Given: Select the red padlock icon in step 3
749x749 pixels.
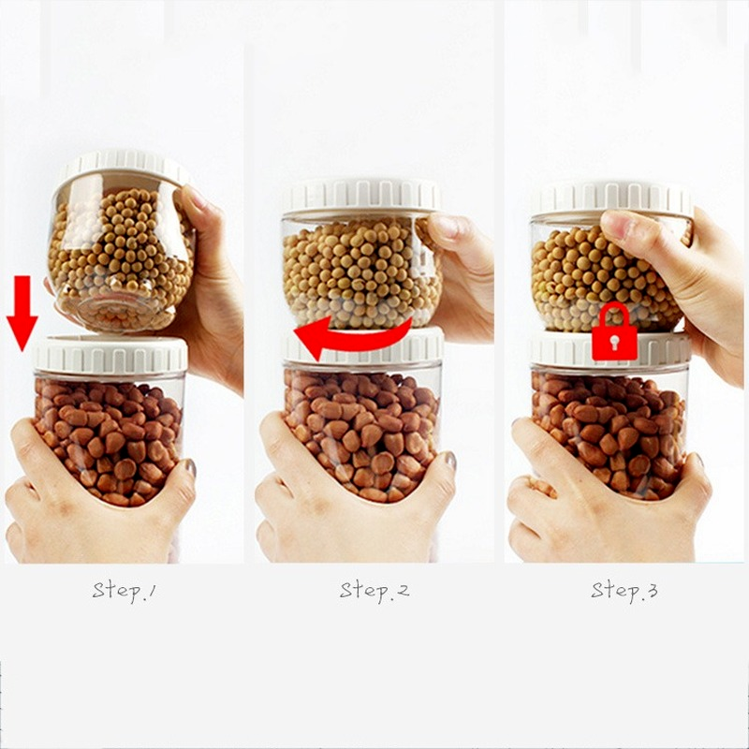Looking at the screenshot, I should pyautogui.click(x=614, y=332).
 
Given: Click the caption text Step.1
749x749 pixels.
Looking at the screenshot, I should pyautogui.click(x=124, y=591).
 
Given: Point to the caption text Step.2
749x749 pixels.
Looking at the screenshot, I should pyautogui.click(x=374, y=591).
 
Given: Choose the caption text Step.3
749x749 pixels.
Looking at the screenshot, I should pyautogui.click(x=624, y=591).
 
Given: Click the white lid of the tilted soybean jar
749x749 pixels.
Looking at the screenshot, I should pyautogui.click(x=126, y=166).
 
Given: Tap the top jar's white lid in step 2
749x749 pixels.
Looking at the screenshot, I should pyautogui.click(x=361, y=196).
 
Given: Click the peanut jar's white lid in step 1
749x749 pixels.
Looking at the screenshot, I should pyautogui.click(x=110, y=355).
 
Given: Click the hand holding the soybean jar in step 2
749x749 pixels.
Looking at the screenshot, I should pyautogui.click(x=463, y=267).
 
